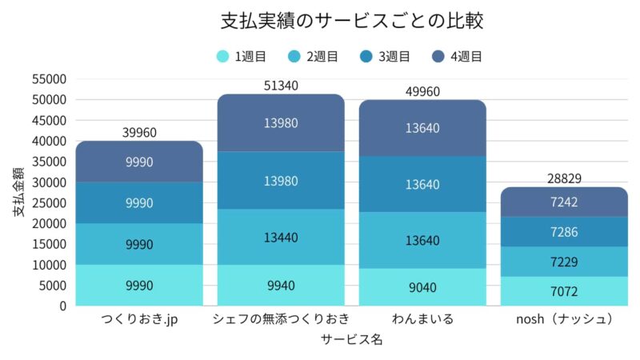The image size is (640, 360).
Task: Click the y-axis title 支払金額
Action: (18, 192)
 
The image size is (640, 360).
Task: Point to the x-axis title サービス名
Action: (351, 339)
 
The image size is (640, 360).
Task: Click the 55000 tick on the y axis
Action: (50, 79)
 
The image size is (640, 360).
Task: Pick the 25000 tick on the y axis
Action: (50, 202)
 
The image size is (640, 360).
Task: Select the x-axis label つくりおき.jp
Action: (139, 319)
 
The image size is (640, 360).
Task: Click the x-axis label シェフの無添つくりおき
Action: (281, 319)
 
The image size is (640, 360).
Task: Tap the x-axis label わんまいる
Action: (422, 319)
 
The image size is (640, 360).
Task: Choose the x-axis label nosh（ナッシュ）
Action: (564, 319)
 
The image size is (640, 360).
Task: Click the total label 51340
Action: (281, 86)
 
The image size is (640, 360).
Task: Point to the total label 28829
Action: (564, 178)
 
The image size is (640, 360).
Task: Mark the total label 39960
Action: (139, 132)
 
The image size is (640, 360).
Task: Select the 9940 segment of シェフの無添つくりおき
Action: (281, 286)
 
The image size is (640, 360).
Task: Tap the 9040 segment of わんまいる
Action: (422, 287)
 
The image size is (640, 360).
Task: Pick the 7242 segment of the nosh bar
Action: (564, 202)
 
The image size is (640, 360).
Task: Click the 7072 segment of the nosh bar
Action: (564, 291)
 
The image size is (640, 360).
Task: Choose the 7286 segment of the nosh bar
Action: (564, 232)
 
